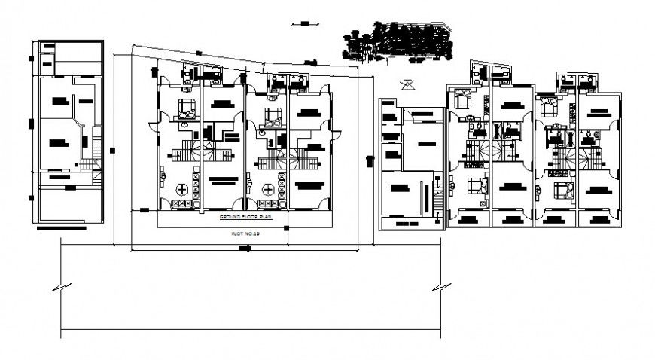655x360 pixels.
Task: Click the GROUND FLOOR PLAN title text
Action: pyautogui.click(x=244, y=217)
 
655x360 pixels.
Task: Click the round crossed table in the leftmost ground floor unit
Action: pyautogui.click(x=182, y=188)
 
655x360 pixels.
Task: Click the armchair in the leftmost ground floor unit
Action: pyautogui.click(x=186, y=106)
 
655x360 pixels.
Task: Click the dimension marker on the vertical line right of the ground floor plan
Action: pyautogui.click(x=369, y=160)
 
